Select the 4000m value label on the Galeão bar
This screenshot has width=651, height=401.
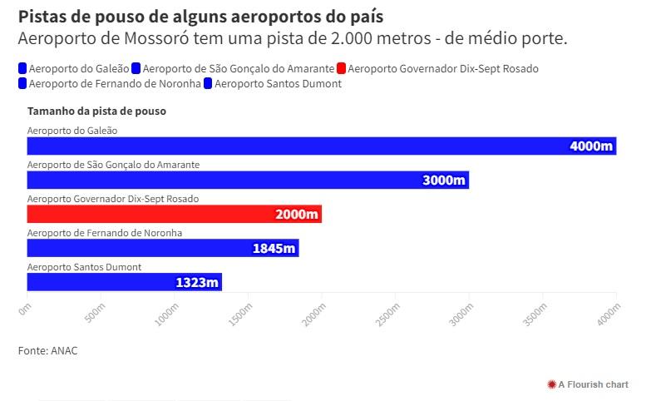pos(591,146)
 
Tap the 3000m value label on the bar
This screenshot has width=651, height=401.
pos(444,181)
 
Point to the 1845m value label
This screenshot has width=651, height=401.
pos(274,248)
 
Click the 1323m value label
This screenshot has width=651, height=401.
pos(197,282)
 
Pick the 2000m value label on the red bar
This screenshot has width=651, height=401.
pos(297,215)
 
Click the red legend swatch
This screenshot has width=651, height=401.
pos(341,68)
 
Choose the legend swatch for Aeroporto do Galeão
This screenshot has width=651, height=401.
pos(22,68)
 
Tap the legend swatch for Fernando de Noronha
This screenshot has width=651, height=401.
pos(22,83)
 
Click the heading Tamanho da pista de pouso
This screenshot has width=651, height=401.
pos(96,111)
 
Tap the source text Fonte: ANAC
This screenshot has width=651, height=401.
pos(47,351)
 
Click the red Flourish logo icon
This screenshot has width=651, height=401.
pos(551,384)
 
